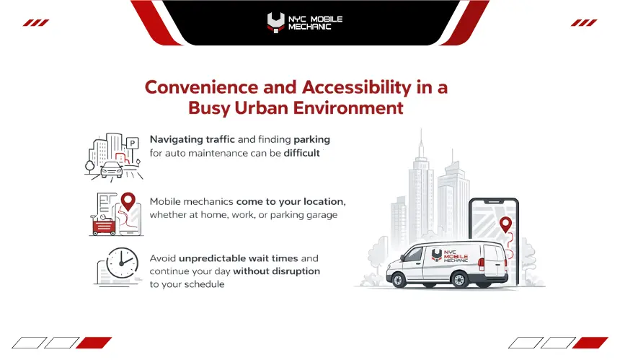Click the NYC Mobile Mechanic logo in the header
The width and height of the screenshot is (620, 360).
[305, 22]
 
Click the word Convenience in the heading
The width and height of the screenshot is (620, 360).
[201, 87]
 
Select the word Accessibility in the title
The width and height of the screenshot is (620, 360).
[357, 87]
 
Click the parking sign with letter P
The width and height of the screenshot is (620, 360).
[133, 143]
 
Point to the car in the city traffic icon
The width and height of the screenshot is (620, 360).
[112, 170]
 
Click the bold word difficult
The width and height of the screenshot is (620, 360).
[301, 153]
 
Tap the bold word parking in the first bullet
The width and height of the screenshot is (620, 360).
[311, 140]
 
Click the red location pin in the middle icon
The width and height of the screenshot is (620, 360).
[128, 201]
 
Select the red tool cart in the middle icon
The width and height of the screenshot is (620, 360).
[104, 227]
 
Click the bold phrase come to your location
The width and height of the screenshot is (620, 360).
[291, 202]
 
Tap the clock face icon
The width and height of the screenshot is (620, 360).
[122, 263]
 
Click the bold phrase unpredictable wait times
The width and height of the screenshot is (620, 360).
[238, 258]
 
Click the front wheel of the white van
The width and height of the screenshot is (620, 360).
[398, 280]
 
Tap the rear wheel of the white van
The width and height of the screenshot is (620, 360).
[459, 280]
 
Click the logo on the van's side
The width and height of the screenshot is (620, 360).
[449, 255]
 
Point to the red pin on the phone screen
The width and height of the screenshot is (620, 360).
[505, 224]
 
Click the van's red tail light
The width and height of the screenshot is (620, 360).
[481, 264]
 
